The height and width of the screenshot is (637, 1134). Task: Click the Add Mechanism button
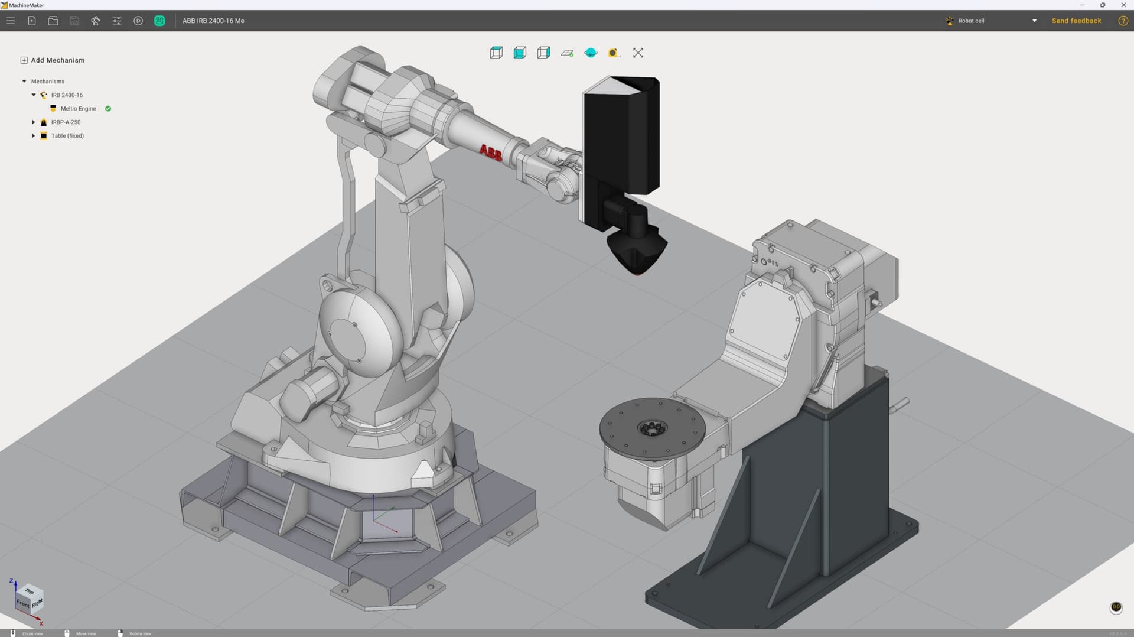pos(53,60)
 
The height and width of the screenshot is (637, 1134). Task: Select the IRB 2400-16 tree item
pos(66,95)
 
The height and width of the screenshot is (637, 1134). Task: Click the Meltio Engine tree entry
pos(78,109)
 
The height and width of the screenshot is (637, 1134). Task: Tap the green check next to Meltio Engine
pos(108,109)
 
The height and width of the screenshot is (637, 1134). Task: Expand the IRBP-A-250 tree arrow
pos(34,122)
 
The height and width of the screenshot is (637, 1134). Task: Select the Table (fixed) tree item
pos(67,136)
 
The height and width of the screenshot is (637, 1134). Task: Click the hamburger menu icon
pos(11,21)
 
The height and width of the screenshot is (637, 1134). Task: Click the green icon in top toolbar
pos(159,21)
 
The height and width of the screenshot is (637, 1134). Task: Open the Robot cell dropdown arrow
pos(1034,21)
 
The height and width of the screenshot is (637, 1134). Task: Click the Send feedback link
pos(1076,21)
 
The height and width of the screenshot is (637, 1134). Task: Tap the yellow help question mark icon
pos(1123,21)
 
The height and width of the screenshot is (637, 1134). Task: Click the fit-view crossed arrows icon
pos(638,53)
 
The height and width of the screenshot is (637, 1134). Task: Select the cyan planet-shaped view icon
pos(591,53)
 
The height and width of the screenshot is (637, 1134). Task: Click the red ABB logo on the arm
pos(490,152)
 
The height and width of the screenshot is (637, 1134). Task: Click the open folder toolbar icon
pos(53,21)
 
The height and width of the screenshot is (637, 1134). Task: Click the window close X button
pos(1123,5)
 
